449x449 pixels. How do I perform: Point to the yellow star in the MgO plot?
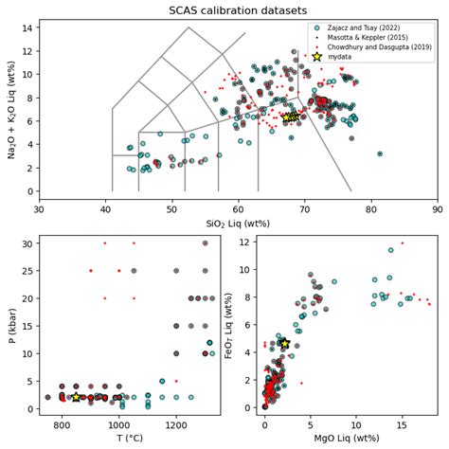283,344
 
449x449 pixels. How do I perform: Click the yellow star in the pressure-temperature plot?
76,397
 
